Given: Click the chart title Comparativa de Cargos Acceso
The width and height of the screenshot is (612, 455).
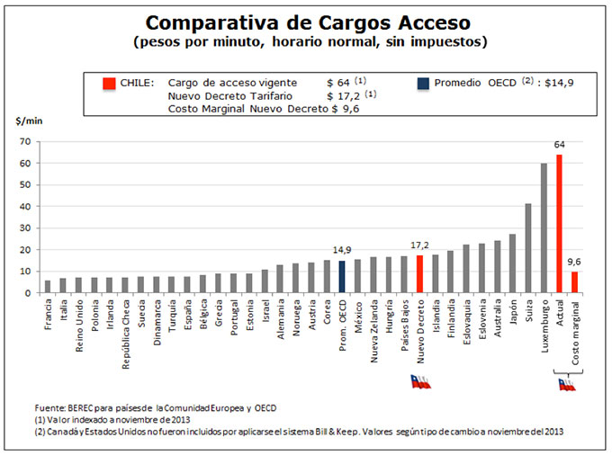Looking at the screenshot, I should click(x=307, y=22).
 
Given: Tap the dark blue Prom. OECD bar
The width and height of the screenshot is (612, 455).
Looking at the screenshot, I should click(x=341, y=277).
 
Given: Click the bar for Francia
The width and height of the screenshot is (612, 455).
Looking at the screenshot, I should click(x=47, y=287).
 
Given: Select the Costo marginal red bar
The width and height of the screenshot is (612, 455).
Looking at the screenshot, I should click(x=574, y=282).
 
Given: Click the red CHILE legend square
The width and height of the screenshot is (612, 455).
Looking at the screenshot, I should click(x=107, y=83).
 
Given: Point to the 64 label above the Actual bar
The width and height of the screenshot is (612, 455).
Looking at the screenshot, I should click(x=559, y=145).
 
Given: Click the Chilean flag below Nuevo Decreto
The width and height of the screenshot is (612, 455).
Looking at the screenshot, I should click(x=420, y=381).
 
